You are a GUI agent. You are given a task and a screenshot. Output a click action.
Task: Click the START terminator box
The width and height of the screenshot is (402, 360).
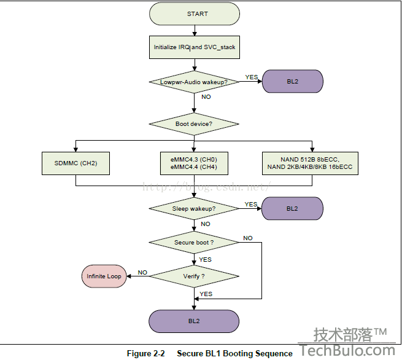[194, 14]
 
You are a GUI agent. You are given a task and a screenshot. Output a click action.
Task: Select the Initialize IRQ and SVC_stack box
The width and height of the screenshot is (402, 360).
[194, 47]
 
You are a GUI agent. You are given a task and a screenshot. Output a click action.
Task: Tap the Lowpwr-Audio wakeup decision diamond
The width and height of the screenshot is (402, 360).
[194, 81]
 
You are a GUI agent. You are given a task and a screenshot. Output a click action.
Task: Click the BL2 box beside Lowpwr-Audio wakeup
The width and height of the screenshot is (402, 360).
[292, 81]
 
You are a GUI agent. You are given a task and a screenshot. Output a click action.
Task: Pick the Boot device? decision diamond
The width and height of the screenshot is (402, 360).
[194, 123]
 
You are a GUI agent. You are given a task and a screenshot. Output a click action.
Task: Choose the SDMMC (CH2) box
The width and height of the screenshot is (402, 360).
[76, 163]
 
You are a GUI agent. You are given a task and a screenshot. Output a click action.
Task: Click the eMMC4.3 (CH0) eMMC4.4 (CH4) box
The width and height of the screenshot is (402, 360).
[194, 163]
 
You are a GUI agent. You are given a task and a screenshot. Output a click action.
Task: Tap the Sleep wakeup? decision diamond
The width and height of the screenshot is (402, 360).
[194, 208]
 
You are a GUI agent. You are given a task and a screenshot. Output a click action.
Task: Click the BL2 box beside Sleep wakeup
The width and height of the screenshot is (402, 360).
[292, 208]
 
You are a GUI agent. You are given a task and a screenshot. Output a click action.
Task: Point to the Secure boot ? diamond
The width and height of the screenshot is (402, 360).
[194, 242]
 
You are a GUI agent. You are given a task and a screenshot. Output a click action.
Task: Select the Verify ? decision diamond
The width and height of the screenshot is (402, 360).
[194, 276]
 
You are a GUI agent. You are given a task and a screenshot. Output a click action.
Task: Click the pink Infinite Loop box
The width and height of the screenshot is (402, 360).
[104, 276]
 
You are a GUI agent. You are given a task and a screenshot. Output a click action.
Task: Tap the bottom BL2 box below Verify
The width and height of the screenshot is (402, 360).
[194, 321]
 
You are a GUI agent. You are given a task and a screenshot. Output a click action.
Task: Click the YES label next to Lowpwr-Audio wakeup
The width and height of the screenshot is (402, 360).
[252, 77]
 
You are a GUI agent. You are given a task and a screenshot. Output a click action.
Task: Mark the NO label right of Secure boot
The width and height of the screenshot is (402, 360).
[248, 238]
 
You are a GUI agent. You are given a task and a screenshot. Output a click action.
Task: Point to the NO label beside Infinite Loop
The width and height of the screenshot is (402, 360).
[142, 272]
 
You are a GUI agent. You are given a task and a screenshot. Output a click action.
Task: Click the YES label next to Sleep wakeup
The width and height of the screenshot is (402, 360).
[251, 204]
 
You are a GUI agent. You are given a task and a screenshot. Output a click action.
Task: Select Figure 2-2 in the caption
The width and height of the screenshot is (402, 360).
[146, 353]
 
